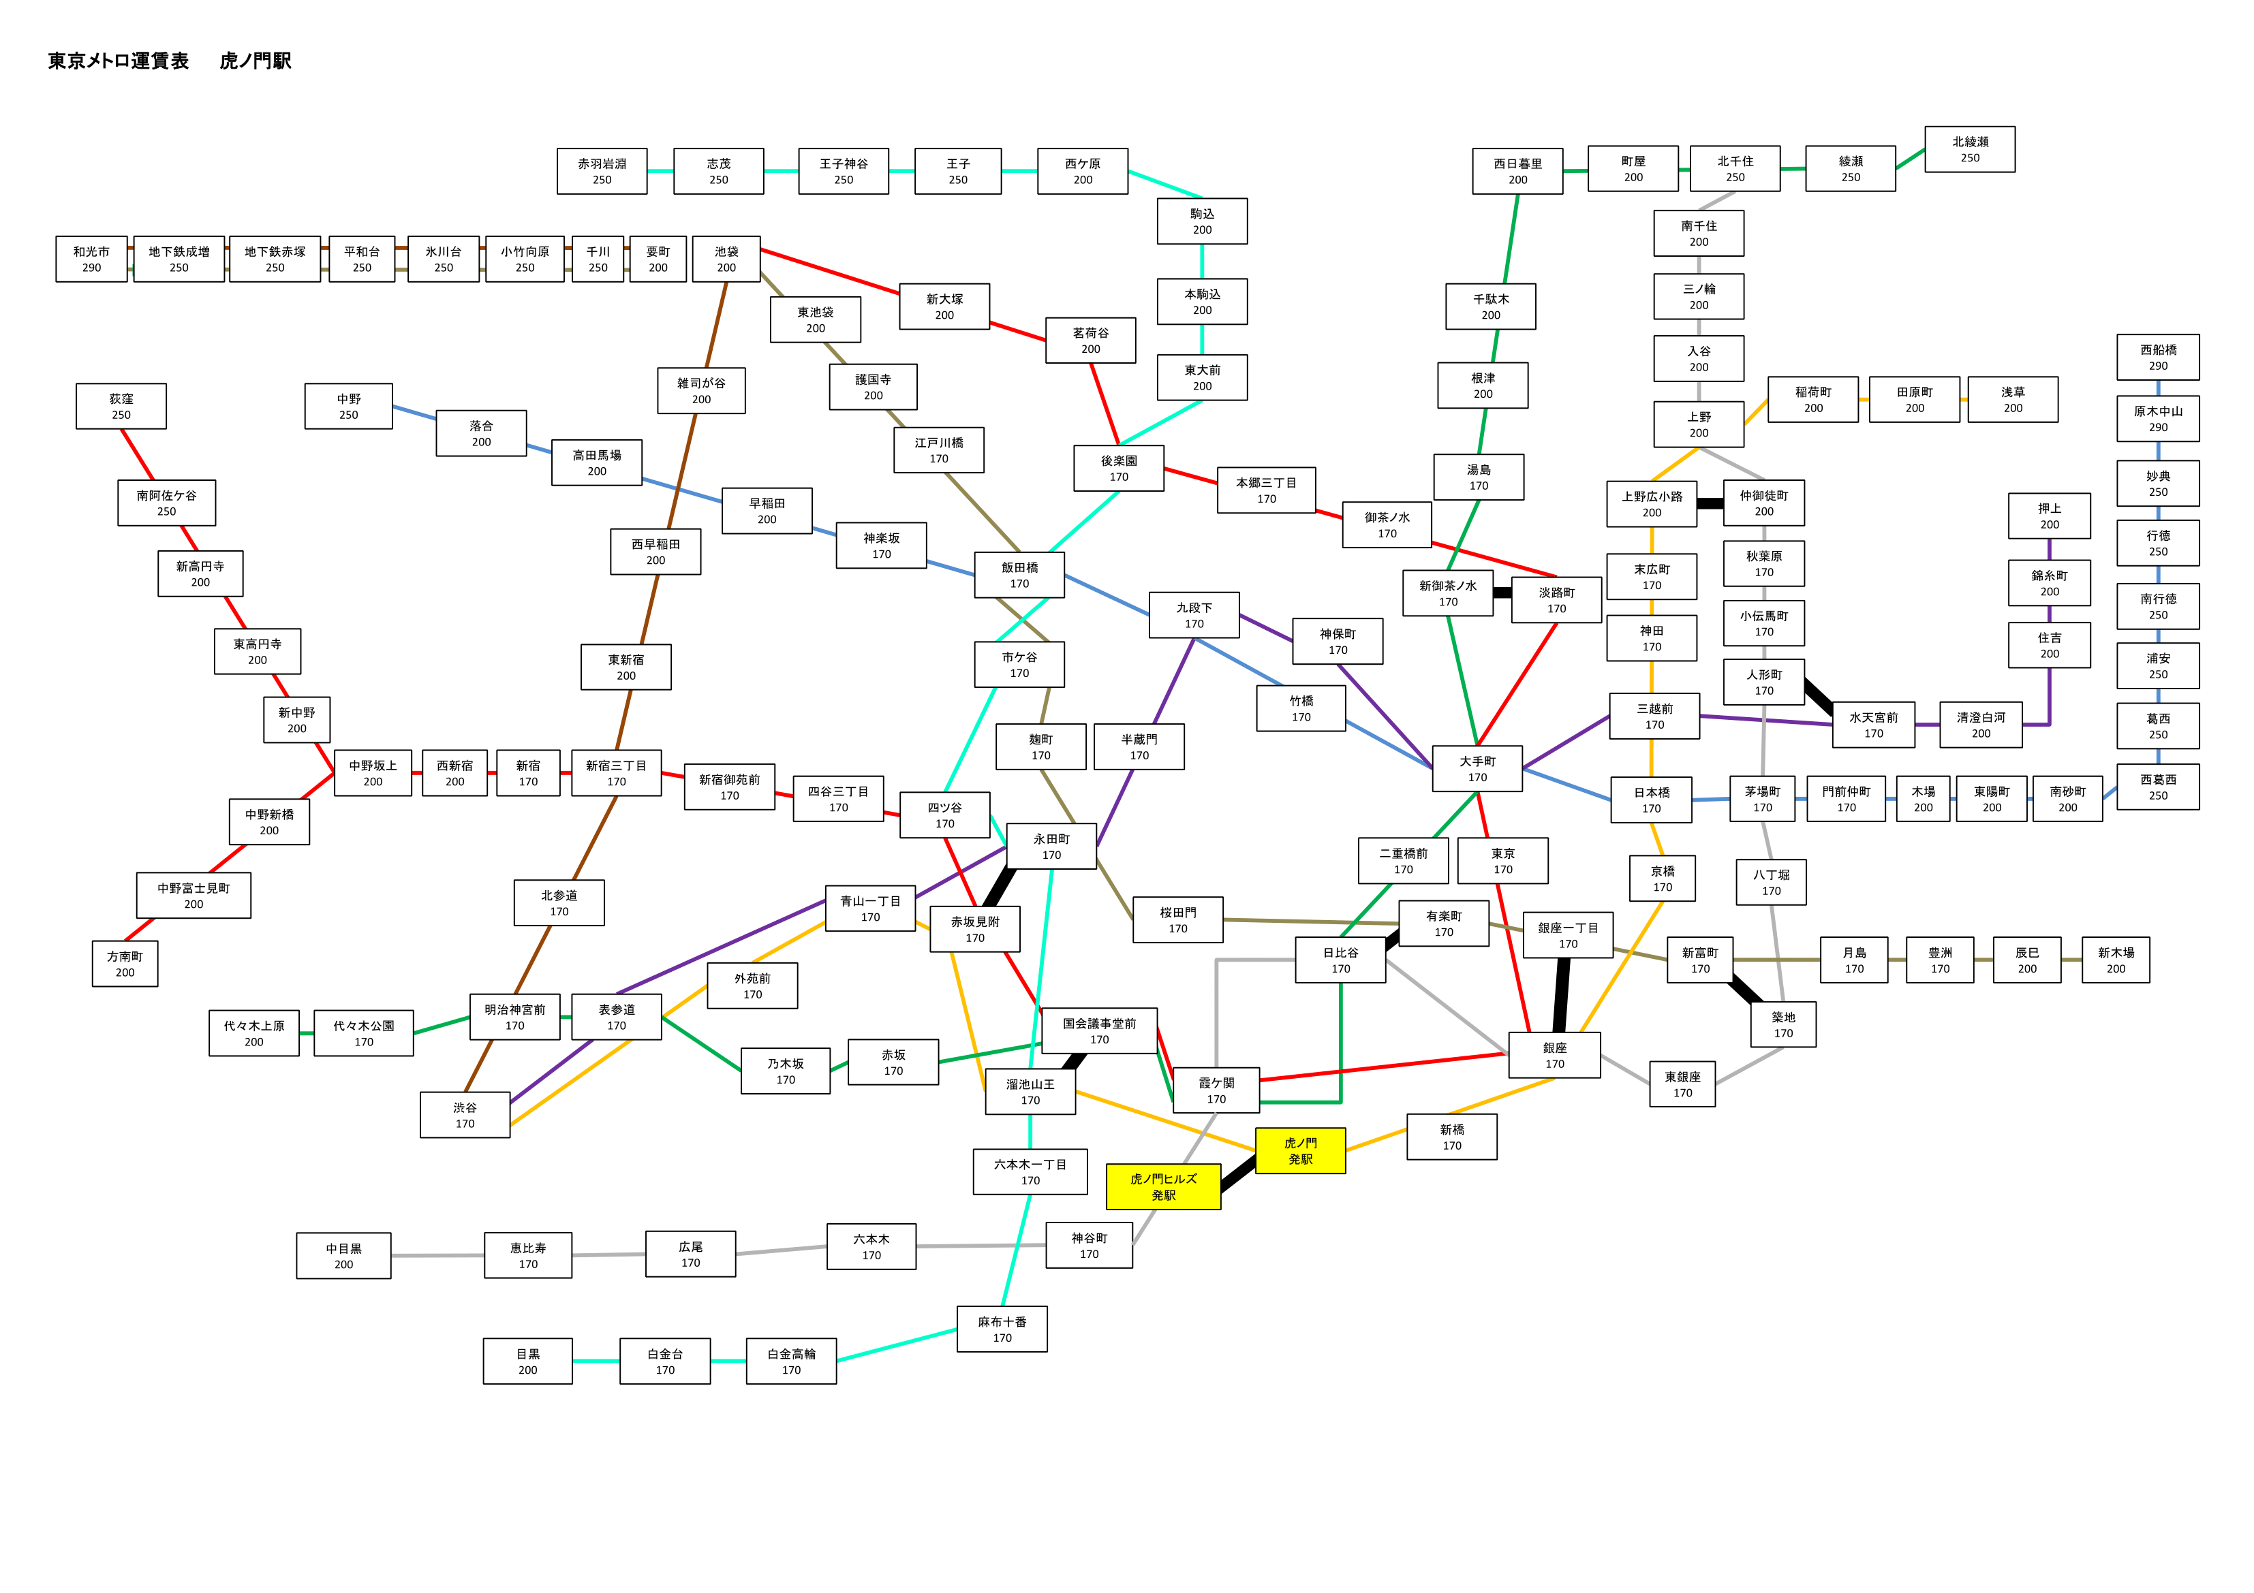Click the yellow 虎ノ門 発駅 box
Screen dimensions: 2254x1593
click(1300, 1150)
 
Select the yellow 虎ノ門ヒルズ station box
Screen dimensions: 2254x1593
click(1163, 1186)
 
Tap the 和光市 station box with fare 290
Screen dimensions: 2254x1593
click(91, 259)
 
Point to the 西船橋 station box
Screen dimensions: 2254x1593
click(2158, 358)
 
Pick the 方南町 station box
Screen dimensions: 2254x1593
click(125, 964)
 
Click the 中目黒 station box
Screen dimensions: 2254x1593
click(343, 1255)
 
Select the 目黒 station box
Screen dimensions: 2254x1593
click(527, 1361)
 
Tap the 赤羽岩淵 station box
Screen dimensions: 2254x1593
click(602, 172)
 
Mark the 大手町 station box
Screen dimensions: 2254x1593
click(1477, 768)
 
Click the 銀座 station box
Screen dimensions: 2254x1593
click(1555, 1055)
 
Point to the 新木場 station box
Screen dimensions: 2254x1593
click(2116, 960)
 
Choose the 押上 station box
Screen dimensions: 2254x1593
click(2050, 516)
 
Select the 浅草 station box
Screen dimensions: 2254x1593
click(2013, 400)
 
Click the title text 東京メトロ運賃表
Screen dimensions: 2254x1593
click(119, 61)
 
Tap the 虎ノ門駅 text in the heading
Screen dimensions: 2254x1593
click(256, 61)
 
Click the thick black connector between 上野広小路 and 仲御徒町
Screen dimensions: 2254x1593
click(1710, 503)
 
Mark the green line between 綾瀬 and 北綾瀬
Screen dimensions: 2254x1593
click(1911, 159)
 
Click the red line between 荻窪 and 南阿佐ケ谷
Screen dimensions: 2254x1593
click(138, 454)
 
